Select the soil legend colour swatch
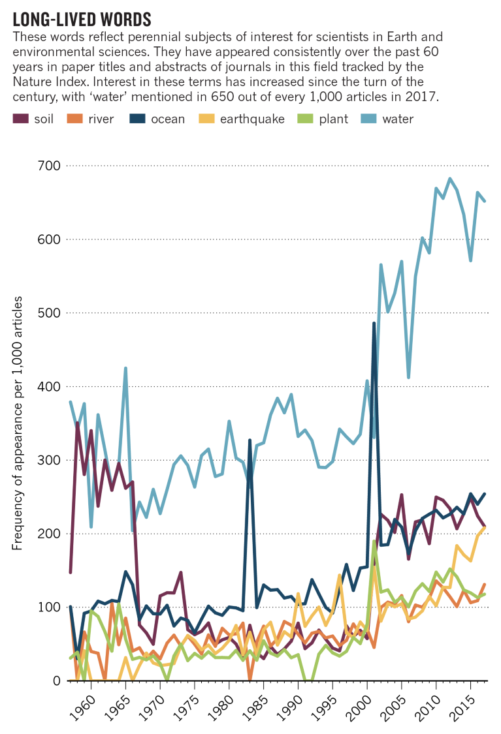click(x=21, y=119)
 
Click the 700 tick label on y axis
click(x=47, y=166)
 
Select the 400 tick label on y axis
click(x=47, y=386)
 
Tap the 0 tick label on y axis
click(x=55, y=680)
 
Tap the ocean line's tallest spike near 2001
click(x=374, y=323)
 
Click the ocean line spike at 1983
click(x=250, y=440)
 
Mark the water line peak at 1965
click(x=125, y=368)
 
